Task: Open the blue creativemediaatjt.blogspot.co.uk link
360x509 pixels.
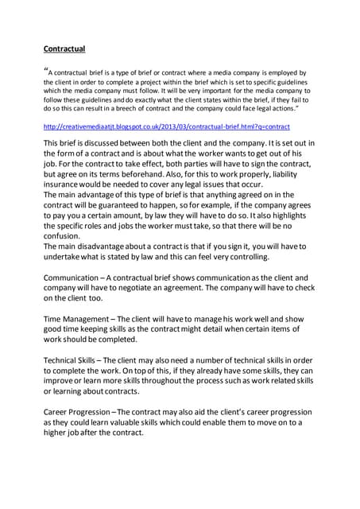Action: (x=167, y=126)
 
